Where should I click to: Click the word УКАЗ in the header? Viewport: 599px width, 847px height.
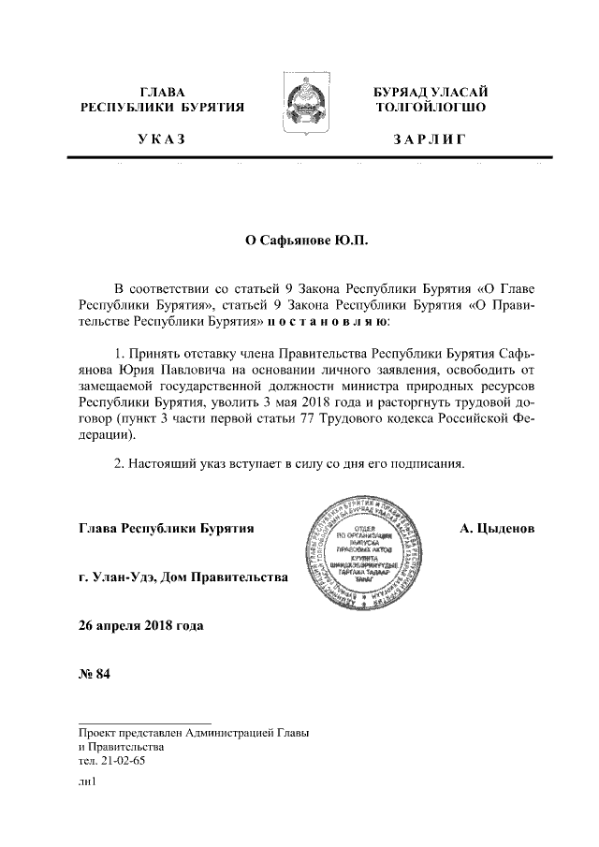pyautogui.click(x=161, y=140)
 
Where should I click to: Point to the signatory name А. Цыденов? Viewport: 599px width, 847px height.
pyautogui.click(x=497, y=529)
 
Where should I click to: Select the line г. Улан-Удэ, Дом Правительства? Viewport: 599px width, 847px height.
pyautogui.click(x=183, y=577)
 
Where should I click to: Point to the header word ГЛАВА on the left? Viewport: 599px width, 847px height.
pyautogui.click(x=161, y=92)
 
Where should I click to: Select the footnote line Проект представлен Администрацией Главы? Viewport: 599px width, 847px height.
pyautogui.click(x=194, y=732)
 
